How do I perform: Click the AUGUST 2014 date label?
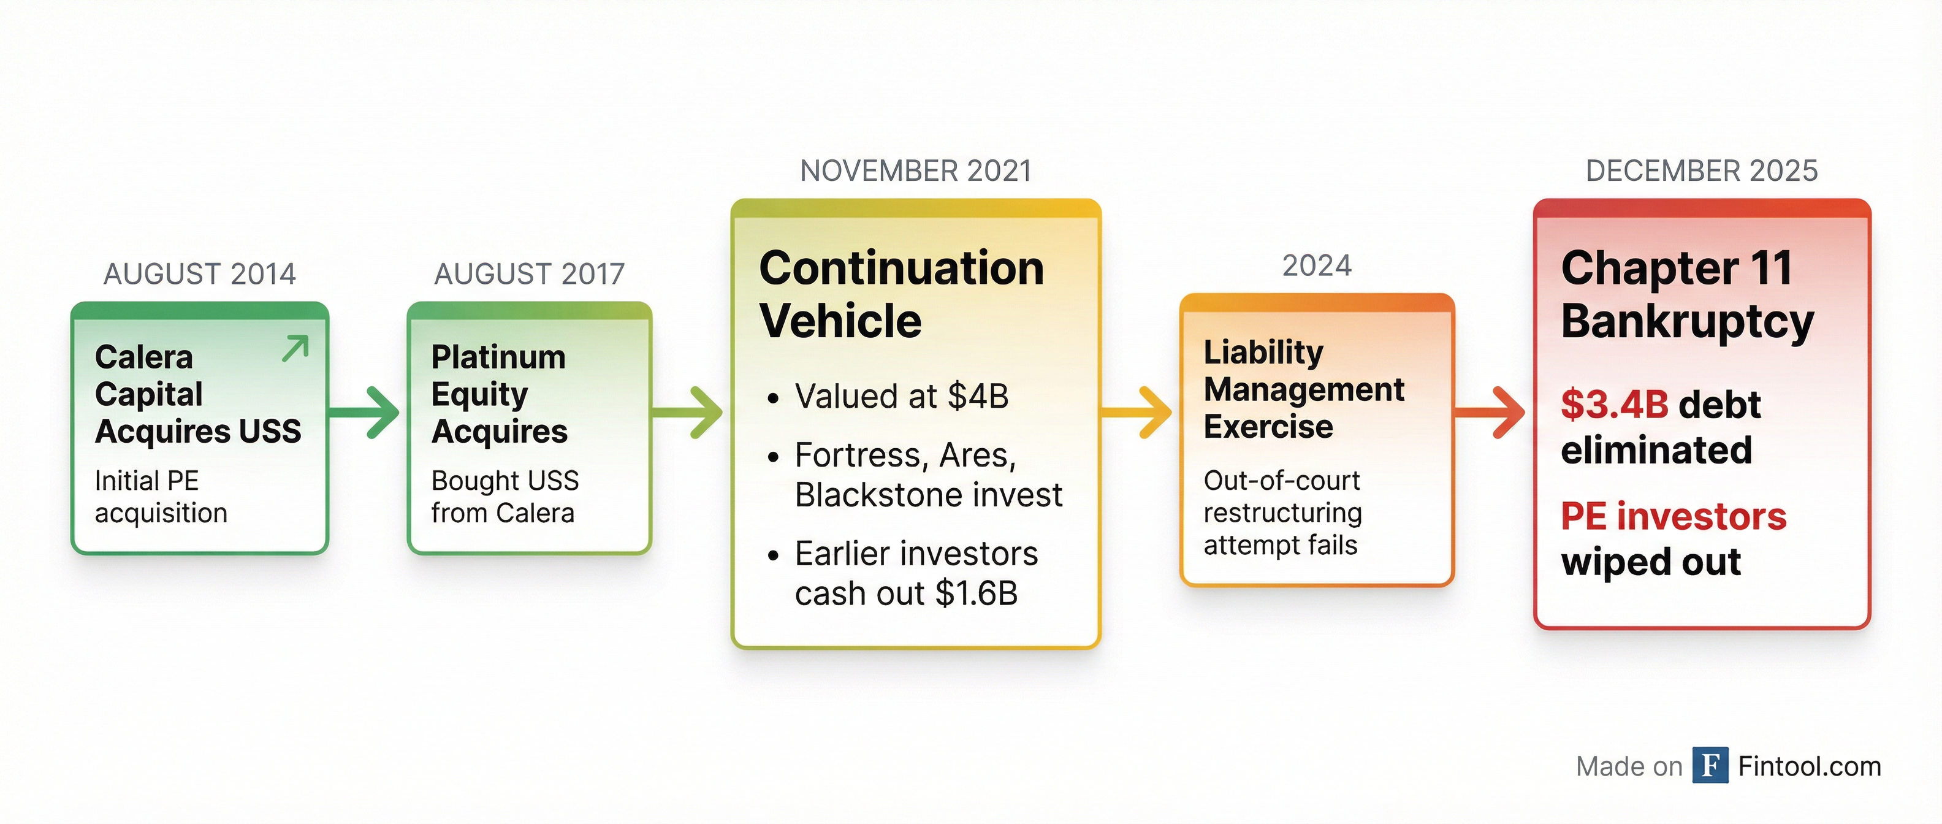click(200, 273)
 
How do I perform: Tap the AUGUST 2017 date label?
click(529, 273)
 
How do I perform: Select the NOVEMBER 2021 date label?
click(916, 171)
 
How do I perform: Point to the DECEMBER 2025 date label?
click(1702, 171)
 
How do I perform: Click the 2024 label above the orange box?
click(1317, 265)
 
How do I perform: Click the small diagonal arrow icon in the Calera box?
click(295, 348)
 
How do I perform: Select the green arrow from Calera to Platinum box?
click(364, 413)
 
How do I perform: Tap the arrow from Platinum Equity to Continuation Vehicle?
click(687, 413)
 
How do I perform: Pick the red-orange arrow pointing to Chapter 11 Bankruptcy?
click(1490, 413)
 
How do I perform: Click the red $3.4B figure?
click(1615, 405)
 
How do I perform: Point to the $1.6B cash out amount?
click(977, 593)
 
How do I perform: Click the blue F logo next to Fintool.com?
click(1710, 765)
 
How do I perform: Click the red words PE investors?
click(1674, 516)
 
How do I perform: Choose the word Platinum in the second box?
click(498, 357)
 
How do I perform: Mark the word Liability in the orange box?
click(1263, 352)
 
